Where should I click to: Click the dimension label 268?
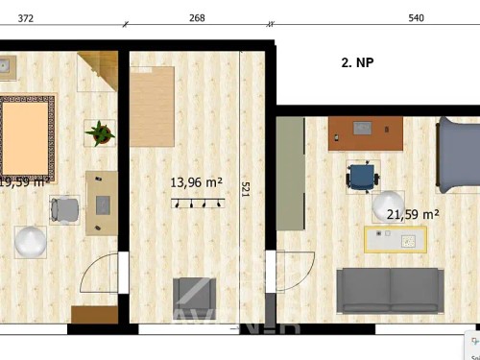coord(197,17)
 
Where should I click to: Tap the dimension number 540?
coord(416,17)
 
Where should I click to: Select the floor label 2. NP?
coord(358,63)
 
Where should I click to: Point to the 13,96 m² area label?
coord(197,181)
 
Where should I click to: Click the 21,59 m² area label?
coord(412,215)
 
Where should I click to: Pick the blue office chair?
coord(363,177)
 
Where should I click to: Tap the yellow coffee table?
coord(394,239)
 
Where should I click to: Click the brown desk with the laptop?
coord(364,132)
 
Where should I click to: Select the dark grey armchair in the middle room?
coord(198,298)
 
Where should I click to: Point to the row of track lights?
coord(198,203)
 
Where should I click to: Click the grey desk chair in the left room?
coord(65,209)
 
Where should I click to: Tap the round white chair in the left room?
coord(31,242)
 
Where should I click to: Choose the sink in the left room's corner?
coord(5,66)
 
